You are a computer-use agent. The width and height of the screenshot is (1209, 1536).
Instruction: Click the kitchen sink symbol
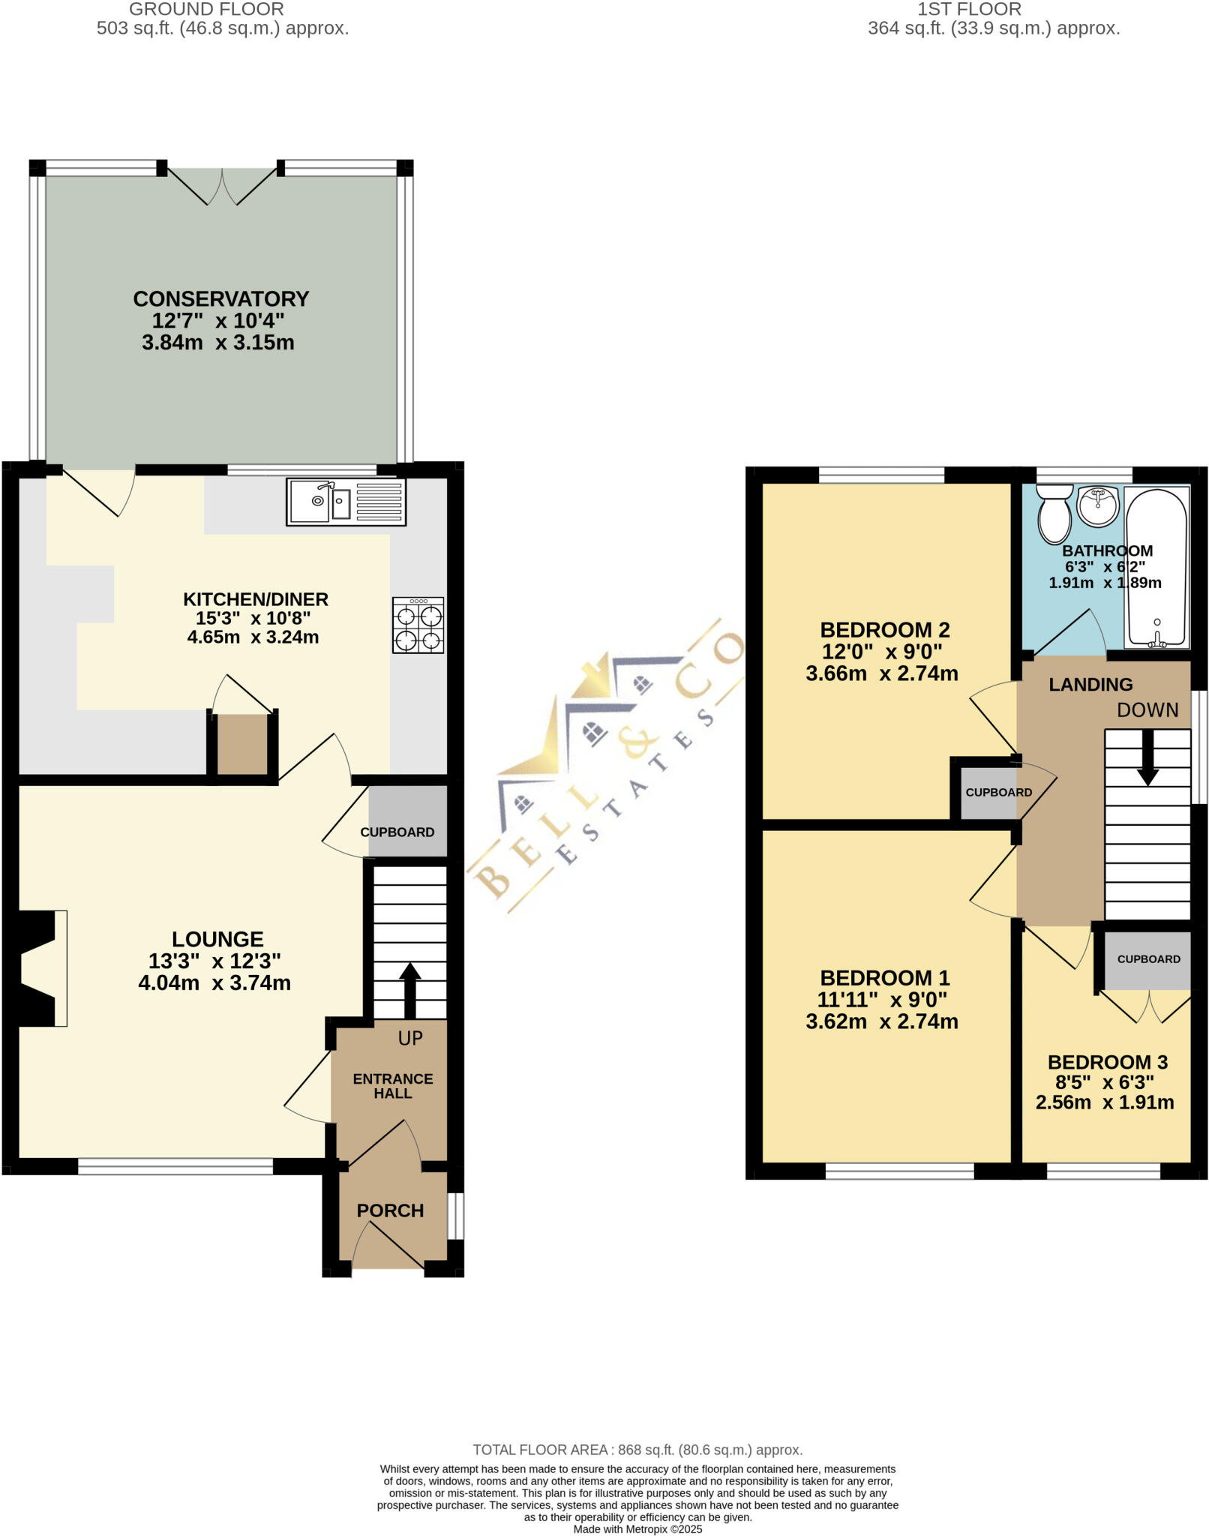tap(346, 501)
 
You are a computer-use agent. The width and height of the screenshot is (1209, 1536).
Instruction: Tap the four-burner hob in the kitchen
tap(418, 625)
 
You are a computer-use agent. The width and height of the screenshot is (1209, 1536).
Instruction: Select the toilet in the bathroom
tap(1054, 513)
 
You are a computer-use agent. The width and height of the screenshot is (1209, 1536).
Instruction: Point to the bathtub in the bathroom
tap(1156, 566)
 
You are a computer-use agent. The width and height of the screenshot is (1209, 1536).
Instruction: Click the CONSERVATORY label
tap(220, 298)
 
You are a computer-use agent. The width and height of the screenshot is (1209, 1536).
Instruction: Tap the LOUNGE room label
tap(217, 939)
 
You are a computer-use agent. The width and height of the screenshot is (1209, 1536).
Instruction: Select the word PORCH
tap(390, 1210)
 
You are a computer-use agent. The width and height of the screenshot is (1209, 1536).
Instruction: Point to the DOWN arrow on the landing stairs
tap(1147, 757)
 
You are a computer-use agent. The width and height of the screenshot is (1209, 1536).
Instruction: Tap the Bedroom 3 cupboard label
tap(1148, 959)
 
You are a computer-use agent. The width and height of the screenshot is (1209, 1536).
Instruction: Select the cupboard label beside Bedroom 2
tap(998, 793)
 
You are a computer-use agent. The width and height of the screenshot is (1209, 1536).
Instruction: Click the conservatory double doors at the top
tap(221, 186)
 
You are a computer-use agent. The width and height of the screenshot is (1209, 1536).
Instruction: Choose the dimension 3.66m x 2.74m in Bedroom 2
tap(882, 673)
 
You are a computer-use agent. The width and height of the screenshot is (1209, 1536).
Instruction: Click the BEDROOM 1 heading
tap(885, 978)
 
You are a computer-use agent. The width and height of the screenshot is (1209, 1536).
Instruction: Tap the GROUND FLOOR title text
tap(206, 10)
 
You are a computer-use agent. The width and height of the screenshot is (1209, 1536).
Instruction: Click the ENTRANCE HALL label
tap(392, 1086)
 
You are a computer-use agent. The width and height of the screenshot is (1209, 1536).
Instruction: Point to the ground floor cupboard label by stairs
tap(397, 832)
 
